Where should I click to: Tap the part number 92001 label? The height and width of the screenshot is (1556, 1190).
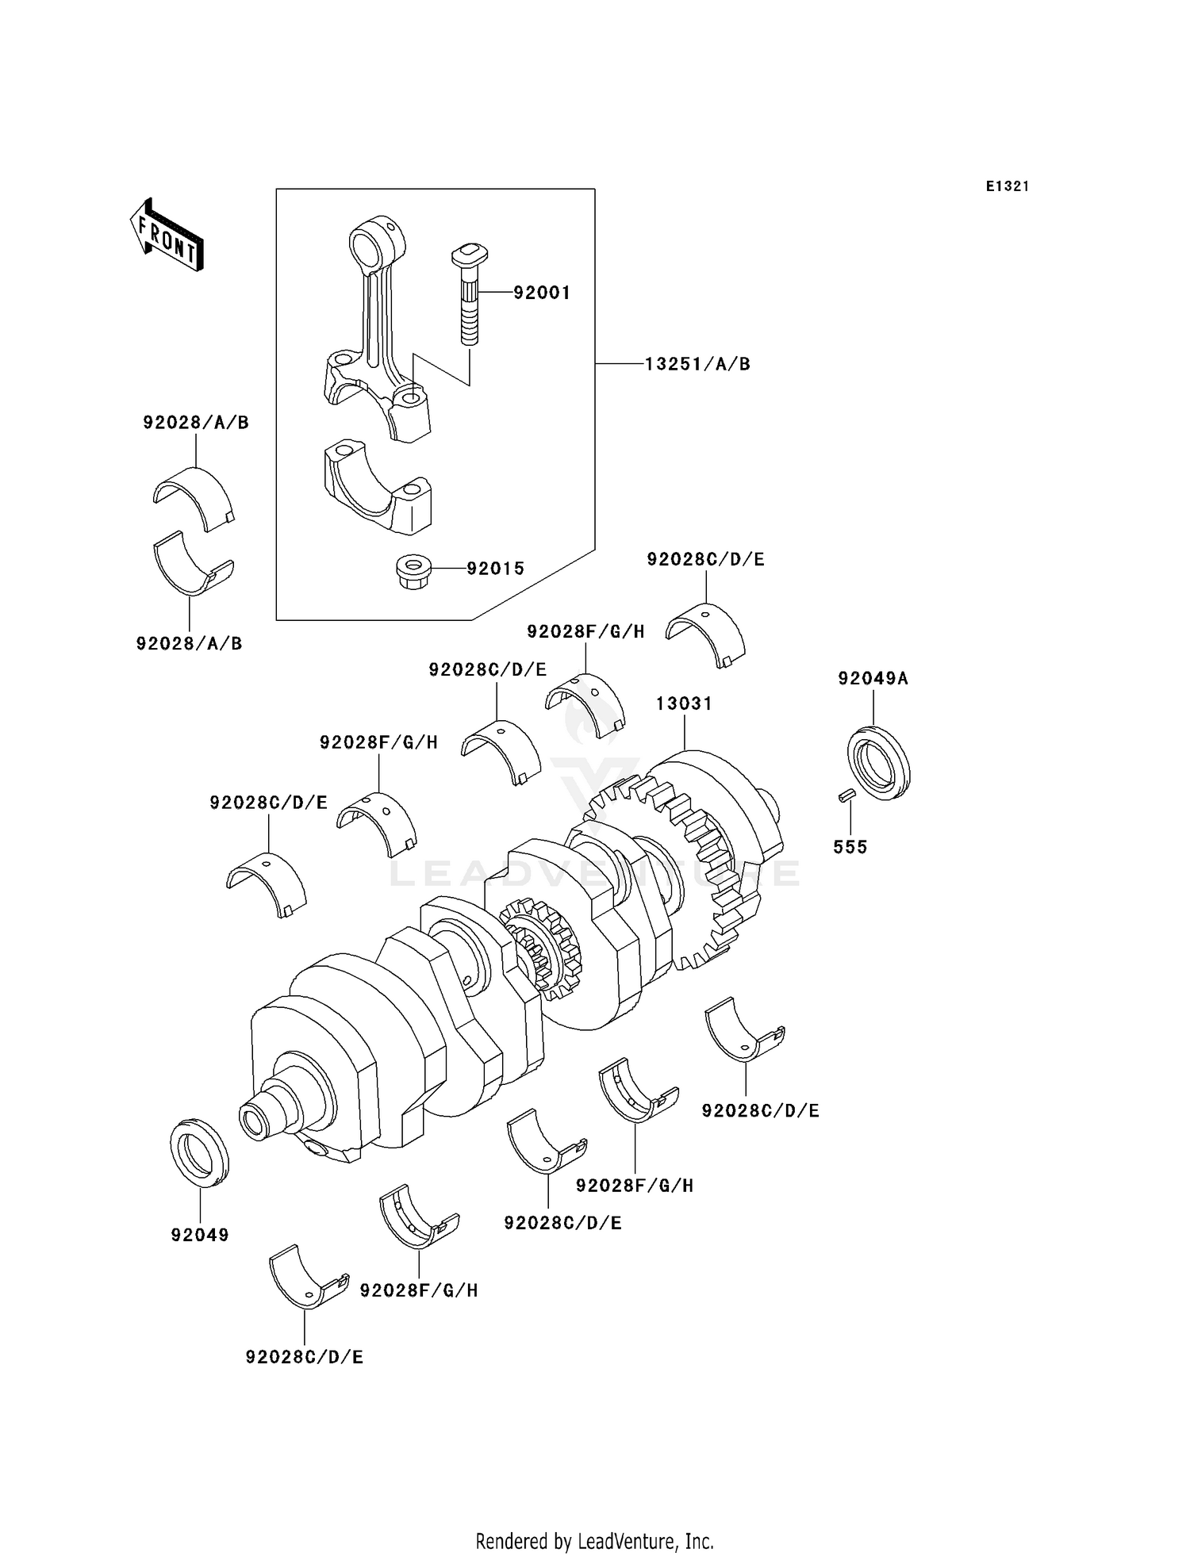542,293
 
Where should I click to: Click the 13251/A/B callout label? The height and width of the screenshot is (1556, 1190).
697,364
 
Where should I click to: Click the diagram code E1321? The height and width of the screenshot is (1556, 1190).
1008,186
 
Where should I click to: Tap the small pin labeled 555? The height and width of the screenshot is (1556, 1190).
846,794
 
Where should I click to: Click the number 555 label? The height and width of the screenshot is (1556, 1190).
850,847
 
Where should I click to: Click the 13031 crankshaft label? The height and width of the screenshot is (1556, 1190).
684,703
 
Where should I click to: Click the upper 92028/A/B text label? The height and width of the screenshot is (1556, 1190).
196,423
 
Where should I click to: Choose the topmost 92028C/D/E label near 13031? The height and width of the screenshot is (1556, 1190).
705,559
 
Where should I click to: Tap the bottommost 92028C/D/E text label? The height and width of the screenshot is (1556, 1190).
305,1357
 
